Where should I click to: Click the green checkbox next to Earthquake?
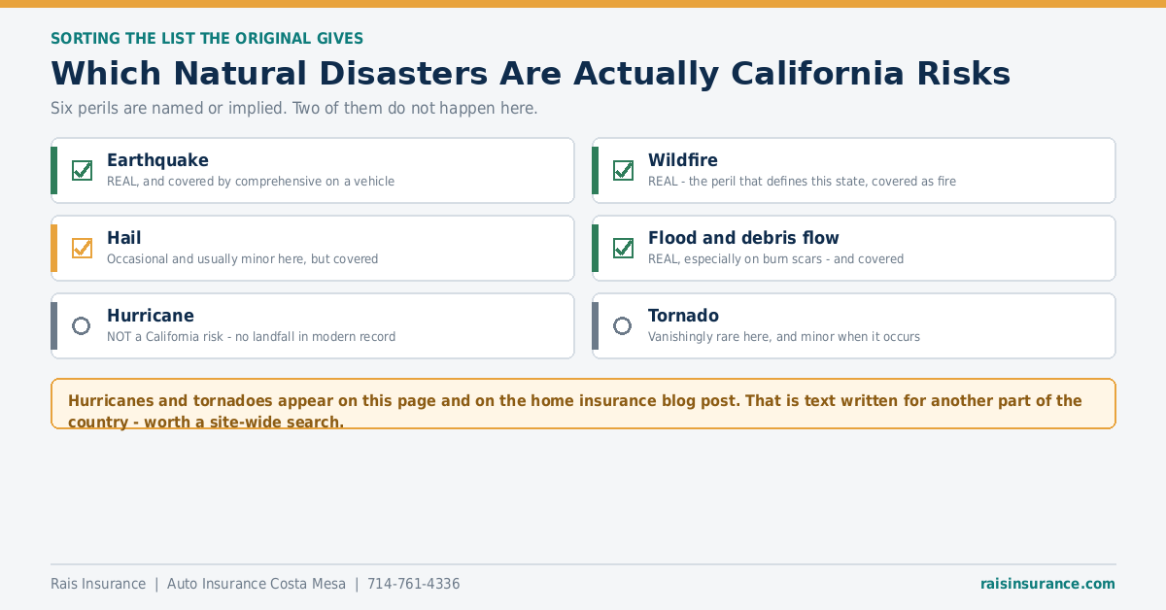click(x=83, y=170)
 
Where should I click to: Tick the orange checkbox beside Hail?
click(x=83, y=248)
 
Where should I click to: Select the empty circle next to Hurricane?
click(x=82, y=325)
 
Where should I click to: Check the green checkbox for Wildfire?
click(x=623, y=170)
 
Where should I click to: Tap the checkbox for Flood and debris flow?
click(x=623, y=248)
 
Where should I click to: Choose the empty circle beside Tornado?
click(x=622, y=325)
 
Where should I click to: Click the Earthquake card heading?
click(x=157, y=160)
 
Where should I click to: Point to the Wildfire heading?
click(x=683, y=160)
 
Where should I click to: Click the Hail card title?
click(x=124, y=238)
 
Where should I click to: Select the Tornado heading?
click(x=683, y=316)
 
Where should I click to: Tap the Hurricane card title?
click(x=151, y=316)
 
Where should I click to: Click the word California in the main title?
click(x=817, y=74)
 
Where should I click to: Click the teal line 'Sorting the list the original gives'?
click(x=207, y=39)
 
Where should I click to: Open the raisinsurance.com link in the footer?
click(x=1047, y=584)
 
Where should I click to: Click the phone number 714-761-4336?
click(x=414, y=584)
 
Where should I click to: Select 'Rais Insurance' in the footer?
click(x=98, y=584)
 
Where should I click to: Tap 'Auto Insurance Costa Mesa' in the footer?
click(x=257, y=584)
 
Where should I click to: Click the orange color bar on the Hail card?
click(x=53, y=248)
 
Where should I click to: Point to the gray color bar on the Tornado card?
click(x=595, y=325)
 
